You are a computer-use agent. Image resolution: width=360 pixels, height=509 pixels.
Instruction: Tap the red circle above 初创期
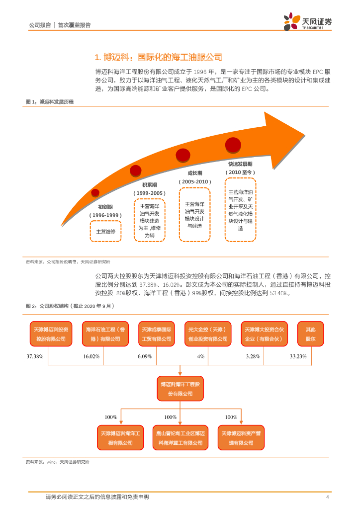(95, 192)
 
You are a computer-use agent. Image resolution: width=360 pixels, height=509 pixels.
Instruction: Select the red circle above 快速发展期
(233, 145)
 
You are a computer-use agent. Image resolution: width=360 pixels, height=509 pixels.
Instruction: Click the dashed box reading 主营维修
(105, 232)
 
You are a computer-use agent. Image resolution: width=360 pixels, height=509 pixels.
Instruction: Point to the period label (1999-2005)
(150, 193)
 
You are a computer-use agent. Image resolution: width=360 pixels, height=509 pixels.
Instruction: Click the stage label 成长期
(194, 173)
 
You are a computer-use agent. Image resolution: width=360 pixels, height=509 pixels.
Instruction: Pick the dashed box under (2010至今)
(240, 210)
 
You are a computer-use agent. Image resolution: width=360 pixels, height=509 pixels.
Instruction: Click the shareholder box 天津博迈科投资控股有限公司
(51, 334)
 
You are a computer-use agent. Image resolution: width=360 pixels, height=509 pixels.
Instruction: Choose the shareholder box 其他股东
(310, 334)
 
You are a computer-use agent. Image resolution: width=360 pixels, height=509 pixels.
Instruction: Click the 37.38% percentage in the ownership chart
(35, 357)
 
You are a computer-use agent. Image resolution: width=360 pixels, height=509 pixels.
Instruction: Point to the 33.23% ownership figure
(298, 357)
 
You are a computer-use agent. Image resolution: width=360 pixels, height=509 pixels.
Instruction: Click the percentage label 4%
(201, 357)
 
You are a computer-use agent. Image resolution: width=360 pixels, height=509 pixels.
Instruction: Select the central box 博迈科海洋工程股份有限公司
(180, 389)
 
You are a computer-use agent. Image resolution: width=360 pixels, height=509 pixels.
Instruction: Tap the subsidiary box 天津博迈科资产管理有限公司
(241, 438)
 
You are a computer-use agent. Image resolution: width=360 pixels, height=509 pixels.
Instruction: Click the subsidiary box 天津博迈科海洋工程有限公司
(120, 438)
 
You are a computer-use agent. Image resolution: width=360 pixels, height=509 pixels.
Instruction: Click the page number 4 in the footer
(327, 497)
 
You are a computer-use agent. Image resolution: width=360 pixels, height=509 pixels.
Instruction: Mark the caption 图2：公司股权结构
(70, 306)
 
